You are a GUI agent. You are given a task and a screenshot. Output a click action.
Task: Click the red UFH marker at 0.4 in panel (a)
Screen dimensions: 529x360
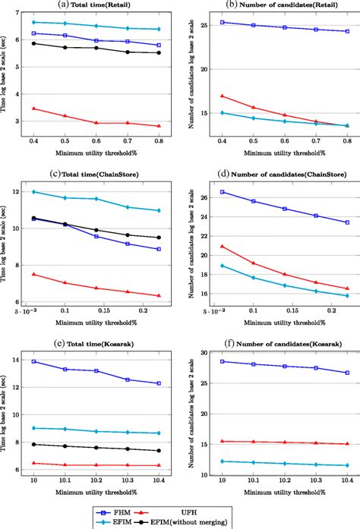tap(33, 109)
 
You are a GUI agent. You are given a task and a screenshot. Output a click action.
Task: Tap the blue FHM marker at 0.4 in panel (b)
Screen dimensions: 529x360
tap(221, 22)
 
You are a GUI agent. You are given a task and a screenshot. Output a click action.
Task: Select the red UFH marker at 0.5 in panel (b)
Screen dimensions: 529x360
tap(252, 107)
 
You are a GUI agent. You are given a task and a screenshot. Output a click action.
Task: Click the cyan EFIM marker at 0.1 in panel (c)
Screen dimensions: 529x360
tap(65, 197)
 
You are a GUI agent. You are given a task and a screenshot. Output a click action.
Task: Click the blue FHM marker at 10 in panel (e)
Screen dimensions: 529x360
tap(33, 361)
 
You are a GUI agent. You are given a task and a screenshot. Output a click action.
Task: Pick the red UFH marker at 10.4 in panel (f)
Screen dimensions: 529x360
tap(346, 444)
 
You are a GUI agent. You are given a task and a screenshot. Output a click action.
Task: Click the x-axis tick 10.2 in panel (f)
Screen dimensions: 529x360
tap(284, 480)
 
